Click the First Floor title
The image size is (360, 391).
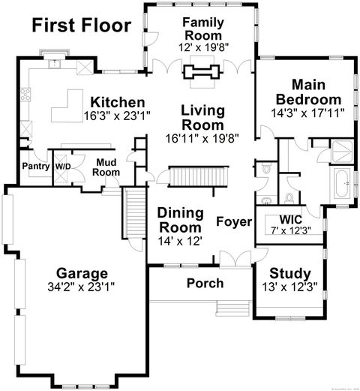(81, 26)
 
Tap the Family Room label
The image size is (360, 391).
(204, 29)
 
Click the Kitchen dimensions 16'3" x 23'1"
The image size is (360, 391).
(115, 116)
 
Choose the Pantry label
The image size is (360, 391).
(34, 166)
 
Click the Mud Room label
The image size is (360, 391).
(106, 167)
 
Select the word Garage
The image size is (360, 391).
(82, 272)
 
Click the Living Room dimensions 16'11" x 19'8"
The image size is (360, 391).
(202, 138)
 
